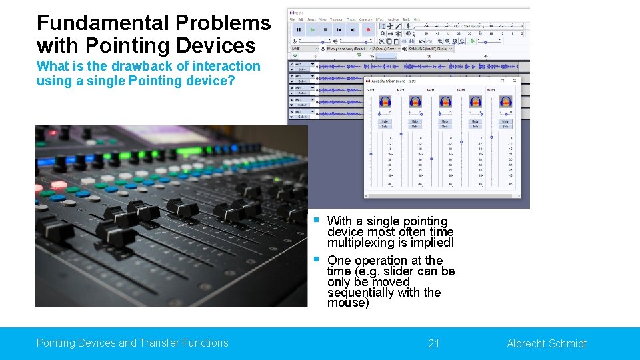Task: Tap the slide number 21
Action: pyautogui.click(x=434, y=343)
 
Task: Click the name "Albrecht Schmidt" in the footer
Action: pyautogui.click(x=547, y=343)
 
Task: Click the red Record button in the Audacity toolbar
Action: pyautogui.click(x=367, y=29)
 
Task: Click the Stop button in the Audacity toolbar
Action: pyautogui.click(x=325, y=29)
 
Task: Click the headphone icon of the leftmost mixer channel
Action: pyautogui.click(x=385, y=102)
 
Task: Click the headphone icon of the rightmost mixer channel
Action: pyautogui.click(x=506, y=102)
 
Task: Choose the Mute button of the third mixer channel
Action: pyautogui.click(x=445, y=121)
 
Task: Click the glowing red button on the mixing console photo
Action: pyautogui.click(x=59, y=185)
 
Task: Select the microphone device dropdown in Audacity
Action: pyautogui.click(x=343, y=49)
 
